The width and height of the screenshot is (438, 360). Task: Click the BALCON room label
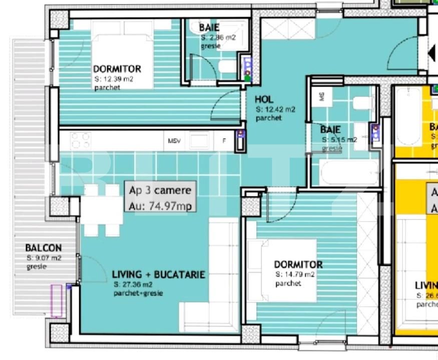(x=44, y=248)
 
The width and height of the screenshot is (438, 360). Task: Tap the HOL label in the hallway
(x=264, y=99)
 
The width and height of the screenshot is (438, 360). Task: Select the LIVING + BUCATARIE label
(x=158, y=274)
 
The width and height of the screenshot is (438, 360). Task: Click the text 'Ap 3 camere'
(x=157, y=190)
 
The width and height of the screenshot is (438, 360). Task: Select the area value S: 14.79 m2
(x=295, y=274)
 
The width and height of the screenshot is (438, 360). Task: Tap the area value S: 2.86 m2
(x=218, y=37)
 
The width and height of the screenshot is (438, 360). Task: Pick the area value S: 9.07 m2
(x=44, y=258)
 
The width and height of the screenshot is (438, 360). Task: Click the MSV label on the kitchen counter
(x=173, y=141)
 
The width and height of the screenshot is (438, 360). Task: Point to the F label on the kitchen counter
(x=224, y=141)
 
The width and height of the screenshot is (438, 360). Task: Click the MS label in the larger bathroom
(x=321, y=96)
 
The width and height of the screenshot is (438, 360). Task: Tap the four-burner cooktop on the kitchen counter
(x=80, y=140)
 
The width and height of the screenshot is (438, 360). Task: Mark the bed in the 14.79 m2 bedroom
(x=283, y=270)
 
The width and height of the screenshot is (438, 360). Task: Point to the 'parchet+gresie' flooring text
(x=138, y=293)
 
